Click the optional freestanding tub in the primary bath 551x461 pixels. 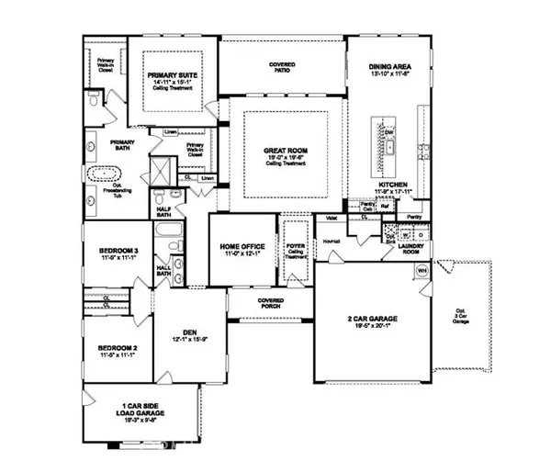click(x=102, y=174)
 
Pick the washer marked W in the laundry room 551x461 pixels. click(x=406, y=235)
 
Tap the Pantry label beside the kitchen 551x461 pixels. click(x=414, y=217)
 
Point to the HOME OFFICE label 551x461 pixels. click(x=241, y=247)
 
